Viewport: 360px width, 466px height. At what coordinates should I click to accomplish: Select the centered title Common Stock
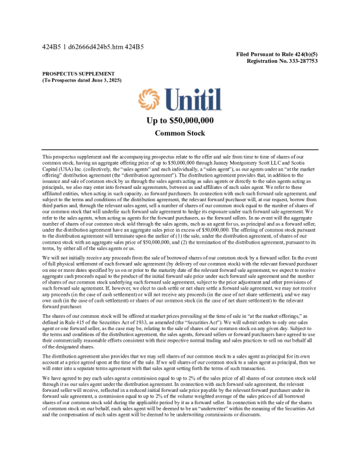click(x=180, y=134)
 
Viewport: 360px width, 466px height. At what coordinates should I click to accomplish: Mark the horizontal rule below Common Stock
click(x=180, y=149)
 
